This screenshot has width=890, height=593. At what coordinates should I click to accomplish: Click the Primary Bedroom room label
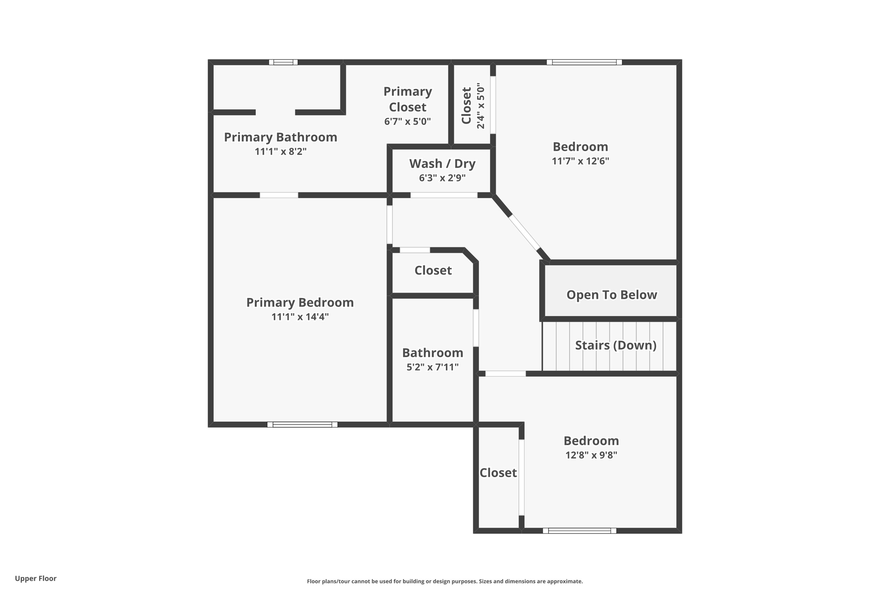(300, 302)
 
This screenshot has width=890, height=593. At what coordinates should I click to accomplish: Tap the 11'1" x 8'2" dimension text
(281, 152)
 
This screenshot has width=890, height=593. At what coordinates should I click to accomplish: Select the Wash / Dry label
(442, 164)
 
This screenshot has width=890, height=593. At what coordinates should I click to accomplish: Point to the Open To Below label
(611, 295)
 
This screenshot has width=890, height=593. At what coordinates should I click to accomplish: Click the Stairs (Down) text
(615, 345)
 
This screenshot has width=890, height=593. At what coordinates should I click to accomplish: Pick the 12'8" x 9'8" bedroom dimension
(591, 455)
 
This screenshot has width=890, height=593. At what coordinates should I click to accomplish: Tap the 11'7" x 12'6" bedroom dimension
(580, 161)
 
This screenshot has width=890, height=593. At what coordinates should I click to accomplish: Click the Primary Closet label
(408, 99)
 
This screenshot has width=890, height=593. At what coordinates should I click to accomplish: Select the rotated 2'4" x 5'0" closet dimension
(480, 106)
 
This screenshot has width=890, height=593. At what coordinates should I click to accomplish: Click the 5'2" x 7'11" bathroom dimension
(432, 368)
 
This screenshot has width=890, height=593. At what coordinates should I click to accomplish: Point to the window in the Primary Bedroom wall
(302, 424)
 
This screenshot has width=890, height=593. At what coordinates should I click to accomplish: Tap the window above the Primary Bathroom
(283, 62)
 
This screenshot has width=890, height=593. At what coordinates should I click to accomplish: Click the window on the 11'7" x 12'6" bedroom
(584, 62)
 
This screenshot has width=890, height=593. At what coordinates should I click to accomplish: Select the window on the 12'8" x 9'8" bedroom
(579, 530)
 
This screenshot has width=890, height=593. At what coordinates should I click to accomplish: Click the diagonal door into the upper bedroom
(524, 232)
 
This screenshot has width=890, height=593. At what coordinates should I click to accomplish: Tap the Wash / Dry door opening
(444, 195)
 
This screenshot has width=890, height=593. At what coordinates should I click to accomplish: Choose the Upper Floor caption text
(36, 579)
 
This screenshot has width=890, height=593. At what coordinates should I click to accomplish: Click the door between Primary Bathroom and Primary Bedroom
(279, 195)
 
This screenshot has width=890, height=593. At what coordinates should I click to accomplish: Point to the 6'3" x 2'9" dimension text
(442, 178)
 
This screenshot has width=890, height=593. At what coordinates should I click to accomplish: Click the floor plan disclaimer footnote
(445, 581)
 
